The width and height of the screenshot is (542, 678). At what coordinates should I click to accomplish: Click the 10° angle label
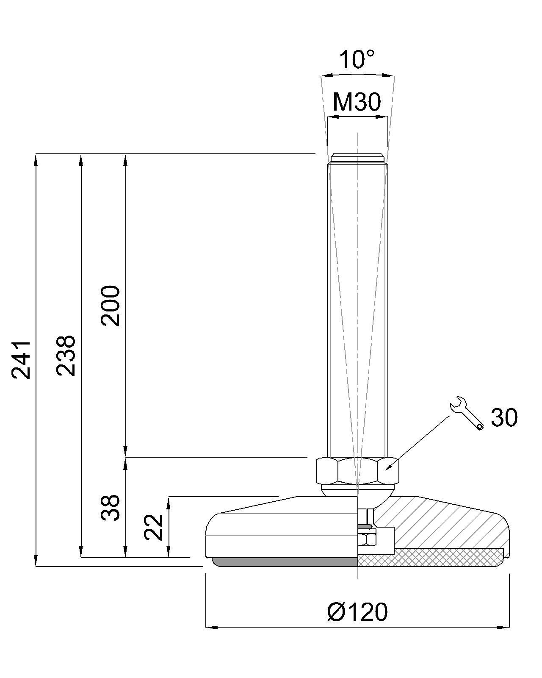coord(357,59)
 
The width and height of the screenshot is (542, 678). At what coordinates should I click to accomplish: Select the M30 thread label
coord(357,102)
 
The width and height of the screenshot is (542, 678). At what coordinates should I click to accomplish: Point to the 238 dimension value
coord(66,356)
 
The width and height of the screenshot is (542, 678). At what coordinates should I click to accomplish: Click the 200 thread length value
coord(111,306)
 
